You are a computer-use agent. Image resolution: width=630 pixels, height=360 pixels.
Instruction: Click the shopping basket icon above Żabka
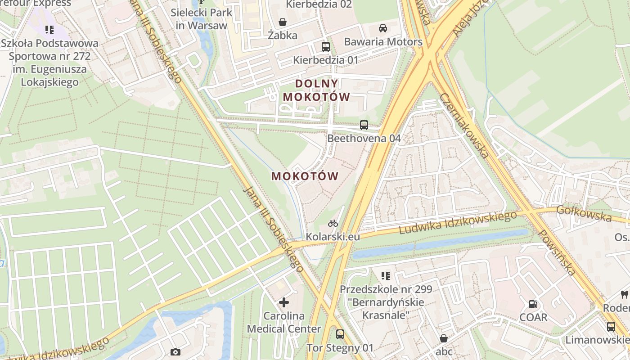coord(283,22)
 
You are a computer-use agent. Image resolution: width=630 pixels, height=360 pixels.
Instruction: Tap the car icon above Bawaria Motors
coord(383,28)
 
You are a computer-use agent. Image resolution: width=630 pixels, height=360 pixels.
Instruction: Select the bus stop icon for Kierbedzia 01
coord(325,46)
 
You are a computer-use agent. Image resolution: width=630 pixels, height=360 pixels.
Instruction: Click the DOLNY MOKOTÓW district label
coord(316,90)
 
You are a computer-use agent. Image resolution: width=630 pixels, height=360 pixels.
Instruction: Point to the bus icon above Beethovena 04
coord(364,125)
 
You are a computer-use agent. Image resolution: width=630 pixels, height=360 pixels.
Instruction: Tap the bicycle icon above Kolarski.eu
coord(333,223)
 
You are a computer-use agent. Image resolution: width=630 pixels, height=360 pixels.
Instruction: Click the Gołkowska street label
coord(584,213)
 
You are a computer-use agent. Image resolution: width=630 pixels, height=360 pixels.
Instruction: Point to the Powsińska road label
coord(557,252)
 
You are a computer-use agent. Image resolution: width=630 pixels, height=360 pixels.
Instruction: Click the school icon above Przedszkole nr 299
coord(385,275)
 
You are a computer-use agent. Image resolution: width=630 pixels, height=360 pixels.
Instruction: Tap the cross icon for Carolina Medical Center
coord(284,302)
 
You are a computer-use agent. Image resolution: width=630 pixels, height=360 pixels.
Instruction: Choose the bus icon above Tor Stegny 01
coord(340,334)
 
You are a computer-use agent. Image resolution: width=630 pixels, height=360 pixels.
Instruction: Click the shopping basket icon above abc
coord(444,338)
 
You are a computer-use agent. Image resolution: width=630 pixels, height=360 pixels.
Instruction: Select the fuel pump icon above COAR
coord(533,304)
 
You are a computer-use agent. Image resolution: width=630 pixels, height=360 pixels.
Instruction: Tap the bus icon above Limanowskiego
coord(611,326)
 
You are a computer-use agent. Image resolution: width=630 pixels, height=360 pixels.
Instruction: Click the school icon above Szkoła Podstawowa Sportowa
coord(49,30)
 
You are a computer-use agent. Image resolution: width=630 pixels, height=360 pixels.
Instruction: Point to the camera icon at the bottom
coord(175,352)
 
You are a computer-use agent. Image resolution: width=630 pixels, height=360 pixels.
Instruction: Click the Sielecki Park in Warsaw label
coord(201,18)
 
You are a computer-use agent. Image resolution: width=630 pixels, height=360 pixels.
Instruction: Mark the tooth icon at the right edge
coord(624,295)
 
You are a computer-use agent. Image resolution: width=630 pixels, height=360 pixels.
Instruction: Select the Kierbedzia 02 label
coord(319,4)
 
